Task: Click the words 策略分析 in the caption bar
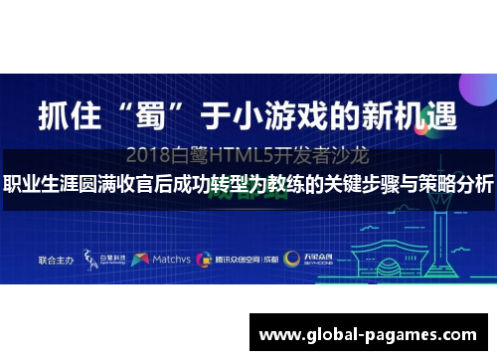(x=457, y=186)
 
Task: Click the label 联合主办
(x=55, y=259)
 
